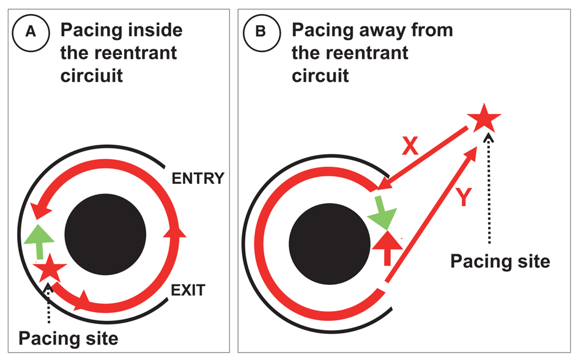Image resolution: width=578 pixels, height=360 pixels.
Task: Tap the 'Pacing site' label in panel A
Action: [x=67, y=337]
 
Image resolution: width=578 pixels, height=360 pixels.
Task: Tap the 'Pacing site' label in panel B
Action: [x=500, y=261]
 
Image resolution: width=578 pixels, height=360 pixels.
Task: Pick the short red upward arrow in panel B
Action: [x=387, y=247]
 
